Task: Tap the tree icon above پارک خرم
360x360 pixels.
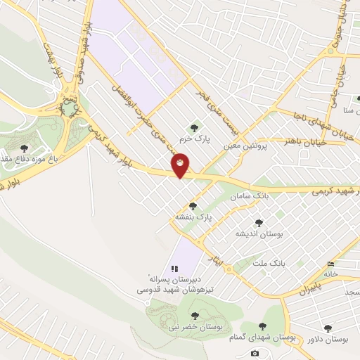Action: tap(194, 127)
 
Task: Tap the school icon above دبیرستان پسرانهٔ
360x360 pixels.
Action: tap(175, 269)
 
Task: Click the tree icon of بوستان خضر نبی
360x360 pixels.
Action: tap(194, 315)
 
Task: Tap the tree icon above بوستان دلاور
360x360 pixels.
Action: tap(328, 328)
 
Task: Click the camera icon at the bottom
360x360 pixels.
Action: tap(255, 353)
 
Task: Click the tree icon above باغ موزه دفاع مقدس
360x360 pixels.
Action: tap(25, 148)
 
